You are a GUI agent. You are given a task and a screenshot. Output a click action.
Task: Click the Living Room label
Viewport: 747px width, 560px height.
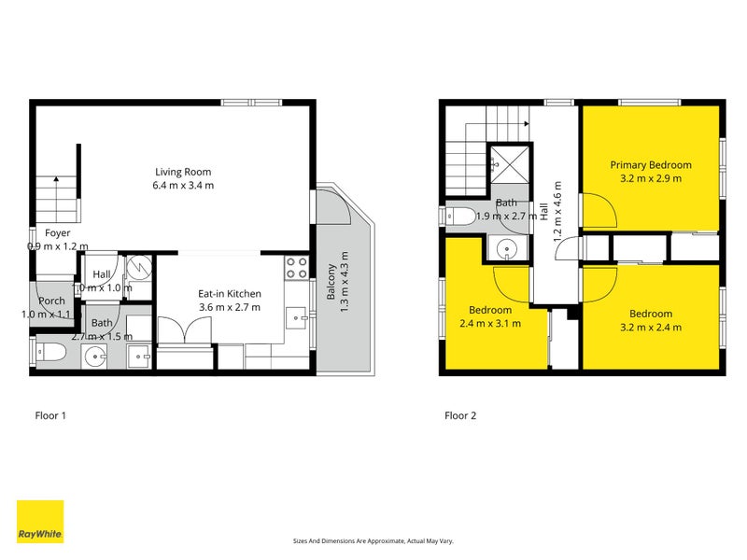pyautogui.click(x=184, y=172)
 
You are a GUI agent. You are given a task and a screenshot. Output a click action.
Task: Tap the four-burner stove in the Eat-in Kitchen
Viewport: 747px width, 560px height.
pyautogui.click(x=296, y=269)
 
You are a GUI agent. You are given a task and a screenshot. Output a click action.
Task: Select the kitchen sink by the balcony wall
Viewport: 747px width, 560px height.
pyautogui.click(x=298, y=318)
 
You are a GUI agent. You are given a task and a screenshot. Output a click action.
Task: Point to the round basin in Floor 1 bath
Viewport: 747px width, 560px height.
pyautogui.click(x=95, y=356)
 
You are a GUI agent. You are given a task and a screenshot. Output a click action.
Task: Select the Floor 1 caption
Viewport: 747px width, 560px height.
pyautogui.click(x=49, y=415)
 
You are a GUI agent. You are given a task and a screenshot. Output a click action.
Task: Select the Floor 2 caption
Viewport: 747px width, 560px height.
pyautogui.click(x=460, y=415)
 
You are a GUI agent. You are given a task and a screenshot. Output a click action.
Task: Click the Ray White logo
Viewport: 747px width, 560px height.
pyautogui.click(x=40, y=522)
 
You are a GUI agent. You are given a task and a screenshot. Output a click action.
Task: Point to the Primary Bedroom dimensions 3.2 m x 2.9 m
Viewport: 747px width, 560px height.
pyautogui.click(x=651, y=177)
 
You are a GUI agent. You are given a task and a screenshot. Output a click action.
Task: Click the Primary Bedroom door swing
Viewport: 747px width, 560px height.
pyautogui.click(x=599, y=211)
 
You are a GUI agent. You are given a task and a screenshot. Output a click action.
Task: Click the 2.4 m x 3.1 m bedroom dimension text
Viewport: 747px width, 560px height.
pyautogui.click(x=490, y=324)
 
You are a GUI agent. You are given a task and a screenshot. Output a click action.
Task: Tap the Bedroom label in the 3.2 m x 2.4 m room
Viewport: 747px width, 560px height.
pyautogui.click(x=650, y=314)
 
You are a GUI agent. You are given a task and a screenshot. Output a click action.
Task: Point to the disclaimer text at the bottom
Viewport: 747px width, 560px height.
pyautogui.click(x=373, y=541)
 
